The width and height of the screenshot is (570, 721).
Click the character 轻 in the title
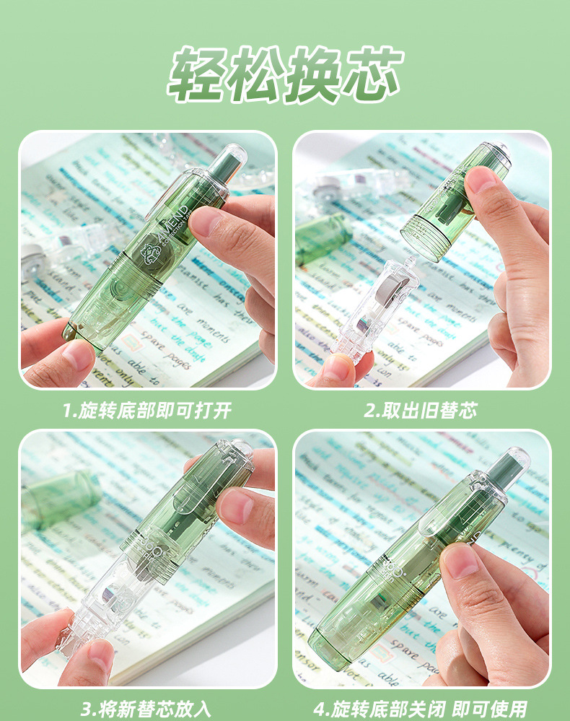click(197, 75)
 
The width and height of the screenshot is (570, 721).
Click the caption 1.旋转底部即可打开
click(146, 411)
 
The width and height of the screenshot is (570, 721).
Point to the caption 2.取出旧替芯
click(421, 411)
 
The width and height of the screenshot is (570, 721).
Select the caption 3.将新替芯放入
click(146, 708)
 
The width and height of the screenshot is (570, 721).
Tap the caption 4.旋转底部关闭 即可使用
click(421, 708)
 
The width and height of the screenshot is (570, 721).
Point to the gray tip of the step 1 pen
click(233, 159)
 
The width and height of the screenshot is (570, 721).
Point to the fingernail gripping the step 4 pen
click(460, 561)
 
